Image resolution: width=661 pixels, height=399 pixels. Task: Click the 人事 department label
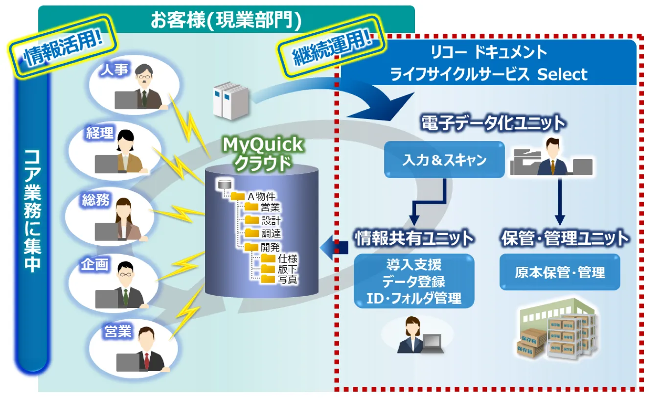[114, 70]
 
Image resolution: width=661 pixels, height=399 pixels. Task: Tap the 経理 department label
[100, 133]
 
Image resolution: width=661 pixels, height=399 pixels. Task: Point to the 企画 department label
[94, 264]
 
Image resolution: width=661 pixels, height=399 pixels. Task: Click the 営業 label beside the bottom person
[118, 331]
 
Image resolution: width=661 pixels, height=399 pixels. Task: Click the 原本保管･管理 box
[560, 272]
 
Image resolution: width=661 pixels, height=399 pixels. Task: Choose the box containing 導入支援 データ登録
[414, 281]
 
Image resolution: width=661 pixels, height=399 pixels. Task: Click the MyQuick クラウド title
[263, 154]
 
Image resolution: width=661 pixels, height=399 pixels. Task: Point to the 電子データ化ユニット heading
[493, 123]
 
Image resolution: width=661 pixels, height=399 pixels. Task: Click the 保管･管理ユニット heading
[565, 238]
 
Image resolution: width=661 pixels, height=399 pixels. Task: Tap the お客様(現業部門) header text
[226, 20]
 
